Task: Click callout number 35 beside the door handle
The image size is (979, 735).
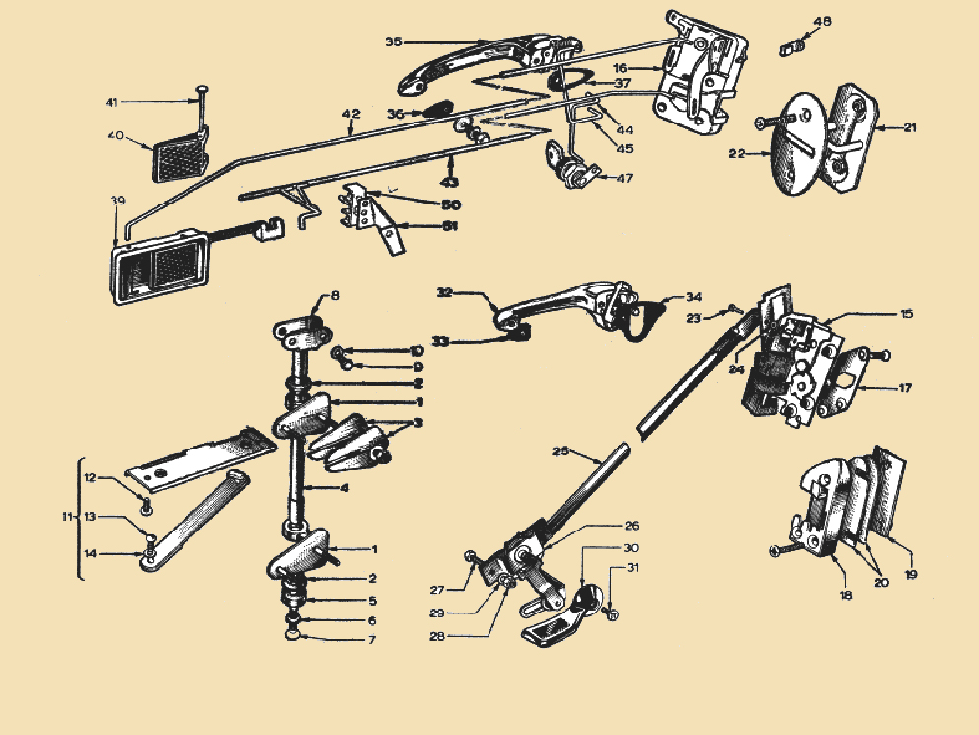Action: (x=393, y=42)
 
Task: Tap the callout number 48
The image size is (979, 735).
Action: (x=822, y=21)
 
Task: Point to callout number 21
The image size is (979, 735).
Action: (x=909, y=126)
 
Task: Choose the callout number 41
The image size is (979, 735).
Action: (x=112, y=102)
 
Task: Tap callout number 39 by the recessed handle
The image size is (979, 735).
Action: (x=117, y=201)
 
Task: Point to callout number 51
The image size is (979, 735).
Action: (x=450, y=225)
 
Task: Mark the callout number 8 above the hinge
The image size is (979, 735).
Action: (x=334, y=295)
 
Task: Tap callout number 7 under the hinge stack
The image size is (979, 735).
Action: (x=373, y=641)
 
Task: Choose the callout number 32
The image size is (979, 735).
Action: (x=444, y=292)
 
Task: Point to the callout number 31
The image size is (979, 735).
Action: (x=632, y=567)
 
